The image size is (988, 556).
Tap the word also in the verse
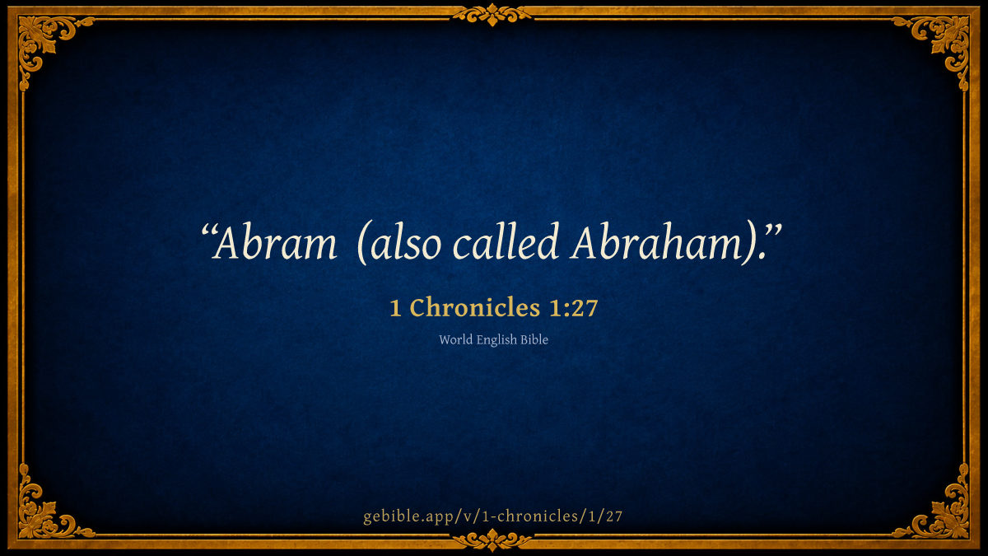[406, 242]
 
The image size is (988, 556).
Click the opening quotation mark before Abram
[208, 231]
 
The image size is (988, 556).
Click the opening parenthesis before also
[363, 243]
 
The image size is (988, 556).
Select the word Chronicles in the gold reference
[475, 307]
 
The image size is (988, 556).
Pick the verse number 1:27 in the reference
[573, 308]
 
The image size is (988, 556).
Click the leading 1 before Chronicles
[396, 308]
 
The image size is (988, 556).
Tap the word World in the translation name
[455, 339]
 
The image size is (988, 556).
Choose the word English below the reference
[496, 340]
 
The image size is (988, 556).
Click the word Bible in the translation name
[534, 339]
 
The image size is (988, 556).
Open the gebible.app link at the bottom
[492, 516]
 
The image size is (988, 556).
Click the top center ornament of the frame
[492, 15]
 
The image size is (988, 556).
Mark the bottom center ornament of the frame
[492, 540]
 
